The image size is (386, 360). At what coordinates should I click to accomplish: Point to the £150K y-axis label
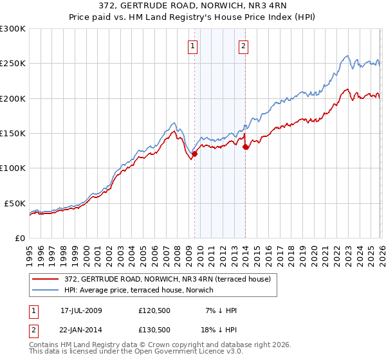tap(13, 133)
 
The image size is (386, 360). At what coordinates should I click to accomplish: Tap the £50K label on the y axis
tap(15, 203)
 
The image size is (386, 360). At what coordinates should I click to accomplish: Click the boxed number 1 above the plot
tap(194, 46)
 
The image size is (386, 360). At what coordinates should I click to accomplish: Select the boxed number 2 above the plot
tap(244, 46)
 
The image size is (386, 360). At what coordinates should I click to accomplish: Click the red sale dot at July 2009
tap(194, 154)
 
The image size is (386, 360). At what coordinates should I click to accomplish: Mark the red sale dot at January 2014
tap(246, 147)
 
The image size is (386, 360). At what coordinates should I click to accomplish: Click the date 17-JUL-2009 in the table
tap(81, 310)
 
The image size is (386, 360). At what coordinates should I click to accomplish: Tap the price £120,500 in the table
tap(154, 310)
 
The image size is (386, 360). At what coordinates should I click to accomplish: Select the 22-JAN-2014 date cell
tap(81, 328)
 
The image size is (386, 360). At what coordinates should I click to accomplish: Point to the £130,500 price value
tap(154, 328)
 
